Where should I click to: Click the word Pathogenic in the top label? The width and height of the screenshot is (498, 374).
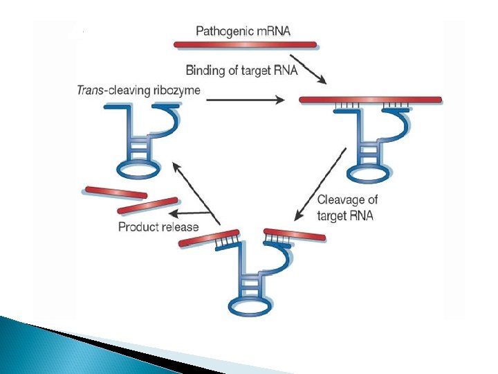click(x=223, y=31)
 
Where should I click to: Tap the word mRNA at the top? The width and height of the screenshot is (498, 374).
click(x=272, y=31)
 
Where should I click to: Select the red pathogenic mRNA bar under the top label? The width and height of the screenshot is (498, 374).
click(x=245, y=44)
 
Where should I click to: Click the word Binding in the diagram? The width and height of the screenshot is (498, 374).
click(x=205, y=69)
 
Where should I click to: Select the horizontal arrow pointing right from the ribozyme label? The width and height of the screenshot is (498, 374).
click(x=246, y=100)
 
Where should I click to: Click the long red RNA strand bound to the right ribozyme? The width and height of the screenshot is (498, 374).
click(x=370, y=100)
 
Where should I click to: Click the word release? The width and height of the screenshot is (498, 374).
click(x=181, y=226)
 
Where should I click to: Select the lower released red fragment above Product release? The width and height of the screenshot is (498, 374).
click(x=147, y=205)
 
